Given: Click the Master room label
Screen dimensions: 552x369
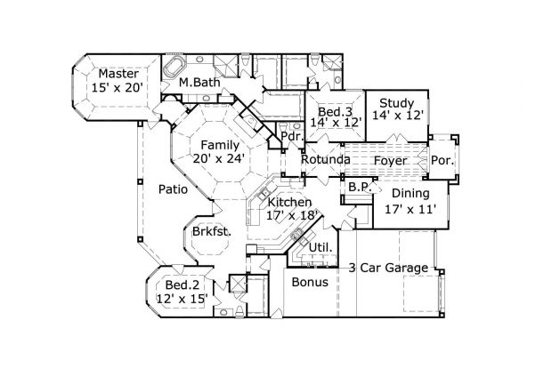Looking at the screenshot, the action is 118,74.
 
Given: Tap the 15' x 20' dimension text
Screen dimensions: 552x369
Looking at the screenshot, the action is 117,87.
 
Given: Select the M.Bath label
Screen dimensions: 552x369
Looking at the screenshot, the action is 199,82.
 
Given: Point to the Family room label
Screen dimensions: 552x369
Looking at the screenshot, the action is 220,145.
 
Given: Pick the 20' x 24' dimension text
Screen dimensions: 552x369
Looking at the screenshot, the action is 219,158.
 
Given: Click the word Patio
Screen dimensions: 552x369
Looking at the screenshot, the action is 173,189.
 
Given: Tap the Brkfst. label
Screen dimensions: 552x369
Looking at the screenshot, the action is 212,231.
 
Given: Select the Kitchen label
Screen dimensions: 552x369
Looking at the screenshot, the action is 289,202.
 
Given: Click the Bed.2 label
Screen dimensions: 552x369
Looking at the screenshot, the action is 183,285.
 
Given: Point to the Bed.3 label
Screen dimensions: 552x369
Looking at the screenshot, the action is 335,112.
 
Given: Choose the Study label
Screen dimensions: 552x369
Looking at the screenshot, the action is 397,103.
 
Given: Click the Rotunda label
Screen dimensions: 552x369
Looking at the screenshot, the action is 326,159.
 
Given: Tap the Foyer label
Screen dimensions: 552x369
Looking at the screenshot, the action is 391,161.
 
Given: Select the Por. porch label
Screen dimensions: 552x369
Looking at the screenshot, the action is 442,161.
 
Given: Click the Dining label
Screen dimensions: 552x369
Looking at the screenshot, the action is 410,193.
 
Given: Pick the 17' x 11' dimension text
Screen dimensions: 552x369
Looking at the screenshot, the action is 410,210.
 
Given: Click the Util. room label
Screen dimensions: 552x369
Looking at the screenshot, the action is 321,247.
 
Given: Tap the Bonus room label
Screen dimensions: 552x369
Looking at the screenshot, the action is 310,282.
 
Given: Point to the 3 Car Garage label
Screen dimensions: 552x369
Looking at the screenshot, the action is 388,269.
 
